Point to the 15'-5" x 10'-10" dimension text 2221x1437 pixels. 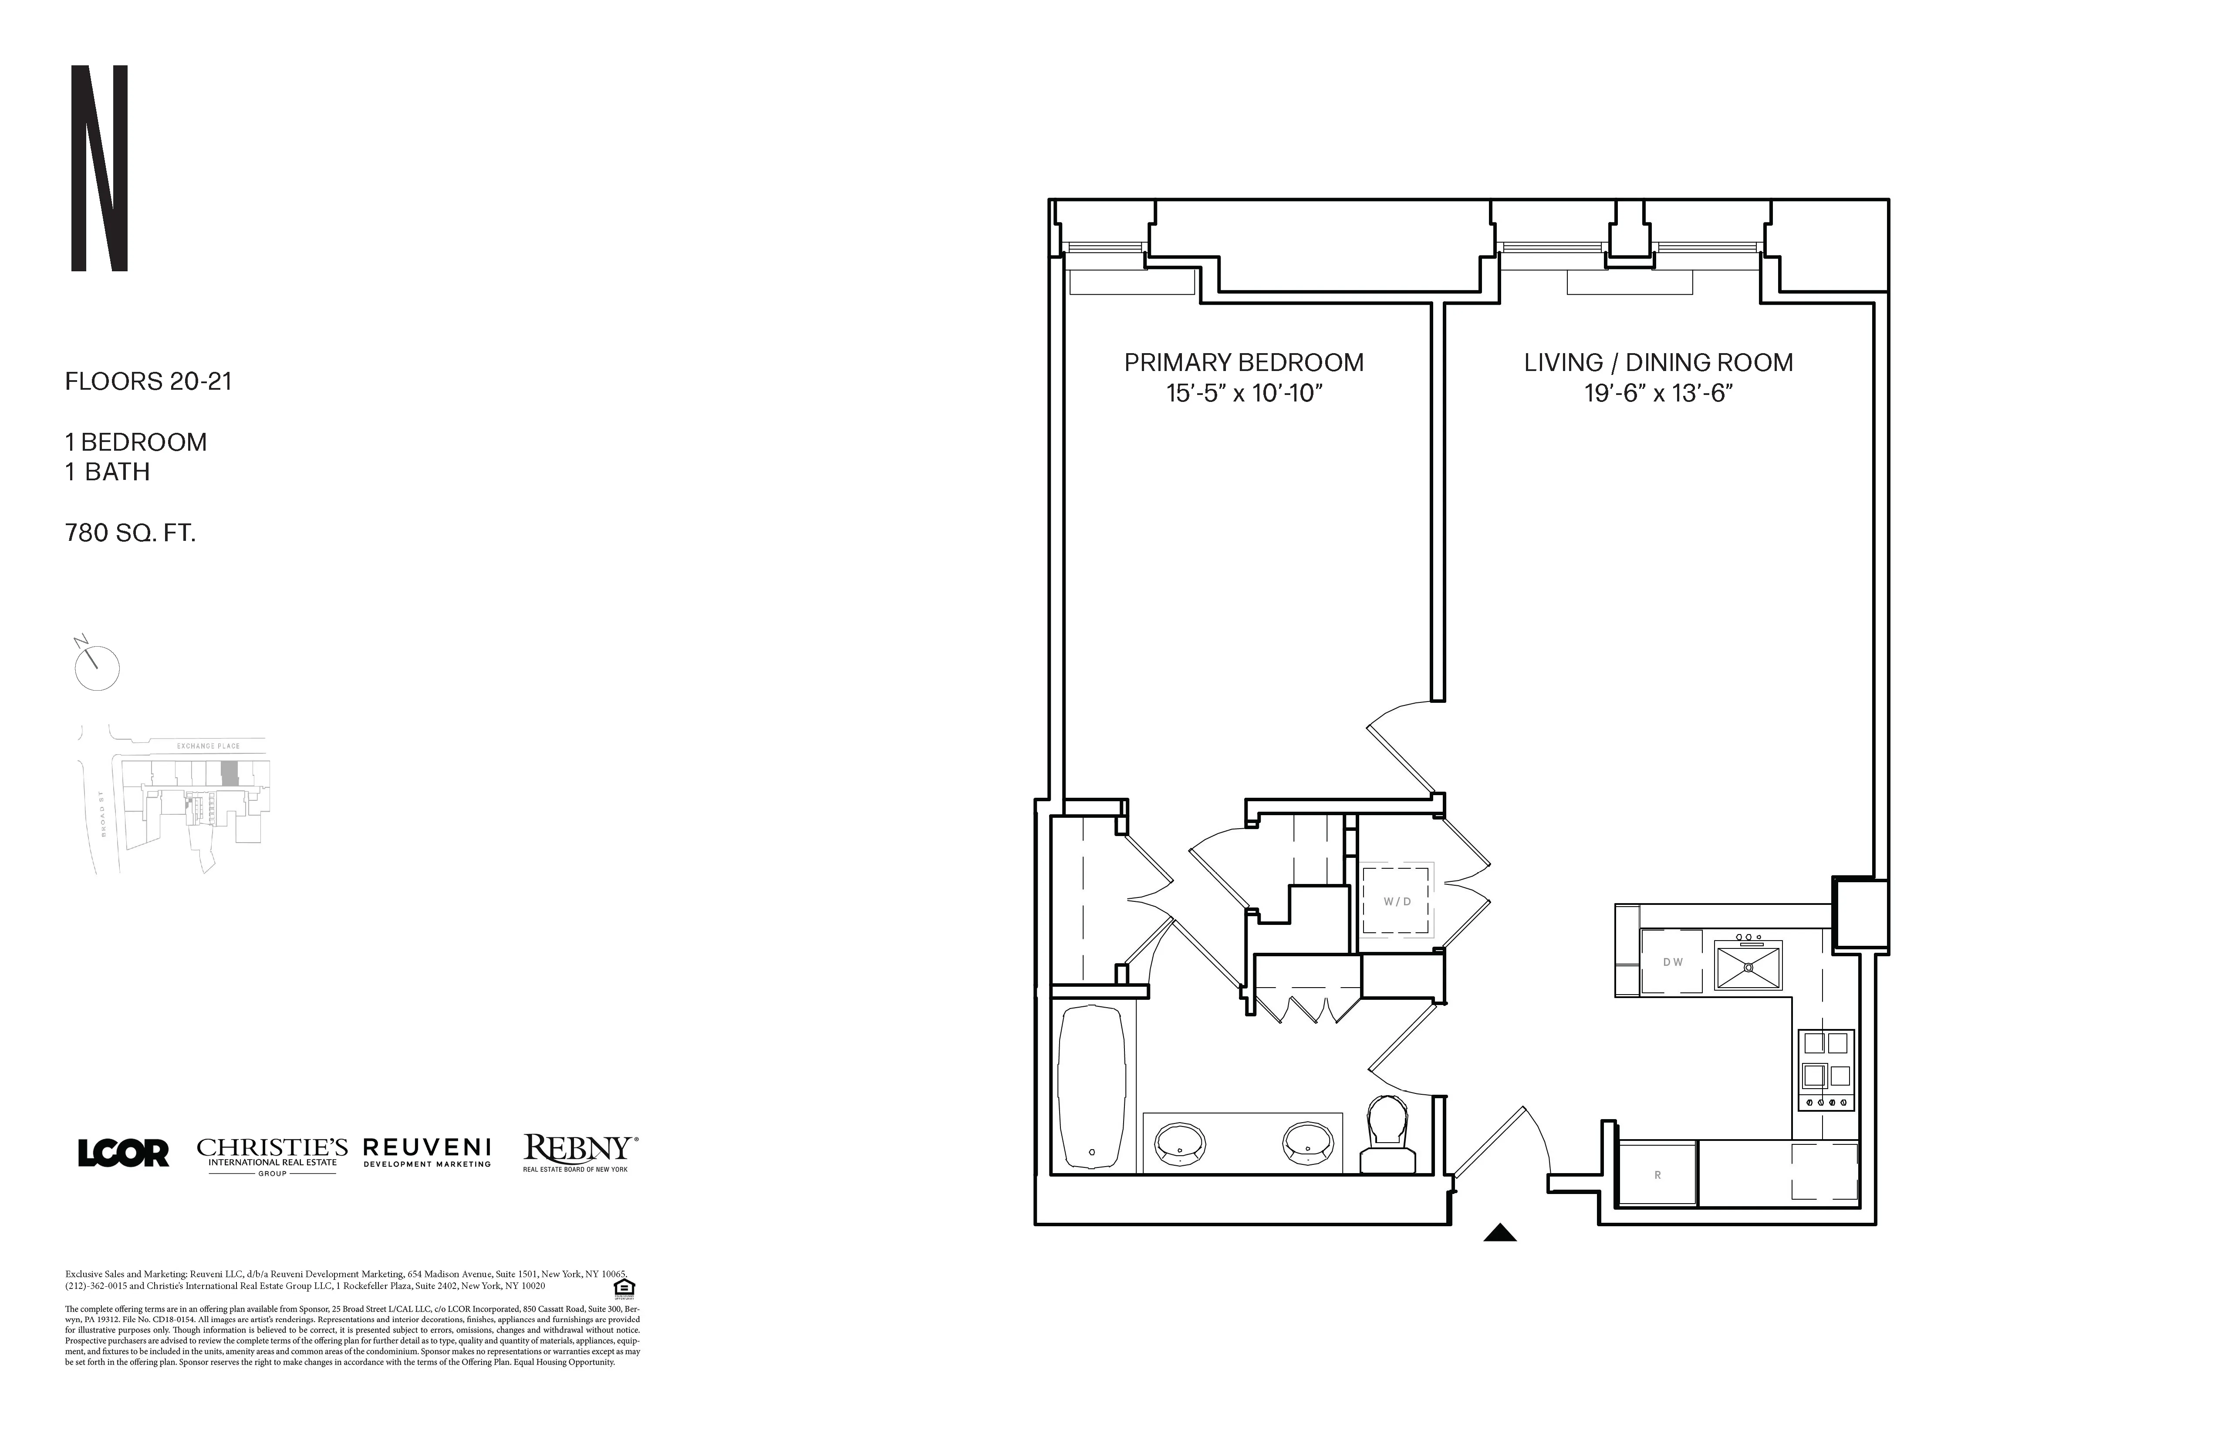1244,394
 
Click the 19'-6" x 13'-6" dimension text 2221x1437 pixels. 1658,394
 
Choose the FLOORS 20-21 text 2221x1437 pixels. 149,381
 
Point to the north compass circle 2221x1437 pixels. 97,668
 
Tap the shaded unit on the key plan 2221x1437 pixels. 230,772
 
